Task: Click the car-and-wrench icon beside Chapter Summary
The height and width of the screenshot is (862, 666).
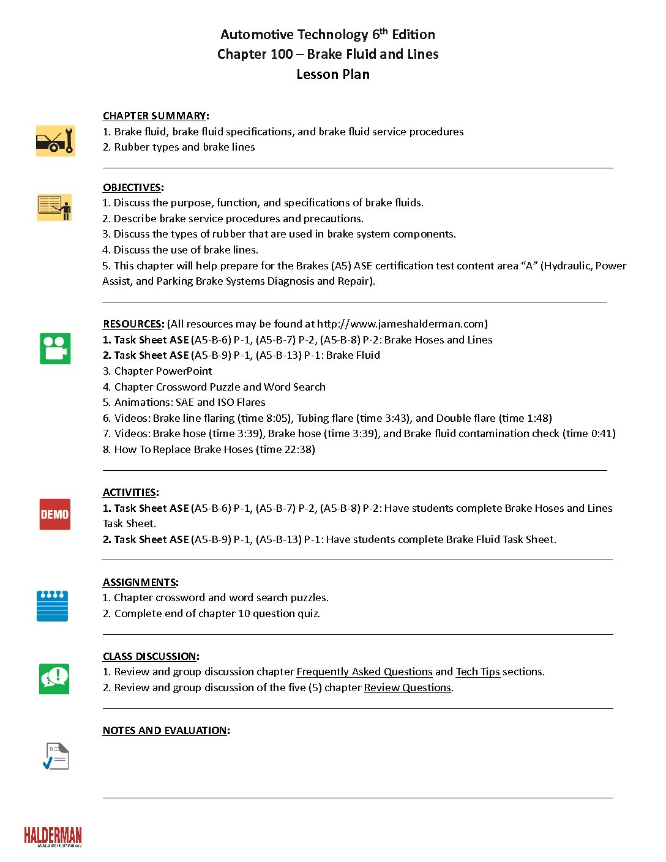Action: [55, 141]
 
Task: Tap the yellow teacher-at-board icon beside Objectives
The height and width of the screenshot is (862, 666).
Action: [54, 208]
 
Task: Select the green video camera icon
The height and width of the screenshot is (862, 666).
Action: [55, 348]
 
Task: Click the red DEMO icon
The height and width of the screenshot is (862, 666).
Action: [54, 514]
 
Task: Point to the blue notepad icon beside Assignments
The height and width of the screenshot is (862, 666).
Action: [53, 605]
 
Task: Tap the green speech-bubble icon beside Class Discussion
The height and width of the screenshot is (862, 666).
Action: [54, 679]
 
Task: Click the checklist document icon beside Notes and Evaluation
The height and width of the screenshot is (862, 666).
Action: [56, 756]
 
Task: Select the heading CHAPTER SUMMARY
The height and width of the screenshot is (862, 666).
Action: [154, 116]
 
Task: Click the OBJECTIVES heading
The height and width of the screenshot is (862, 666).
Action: [132, 187]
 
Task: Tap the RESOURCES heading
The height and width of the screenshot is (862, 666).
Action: [133, 324]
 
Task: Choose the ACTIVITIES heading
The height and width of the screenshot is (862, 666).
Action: [130, 492]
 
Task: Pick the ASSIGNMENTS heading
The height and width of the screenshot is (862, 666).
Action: [140, 582]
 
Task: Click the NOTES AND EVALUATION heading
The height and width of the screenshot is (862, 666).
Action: [165, 730]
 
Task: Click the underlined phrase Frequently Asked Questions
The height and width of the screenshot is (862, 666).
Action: [364, 672]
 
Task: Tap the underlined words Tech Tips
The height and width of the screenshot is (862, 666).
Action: [477, 672]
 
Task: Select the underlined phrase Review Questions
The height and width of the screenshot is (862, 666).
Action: [407, 688]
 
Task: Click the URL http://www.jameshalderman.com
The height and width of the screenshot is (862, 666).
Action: [400, 324]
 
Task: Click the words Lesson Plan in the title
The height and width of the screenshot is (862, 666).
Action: [333, 74]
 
